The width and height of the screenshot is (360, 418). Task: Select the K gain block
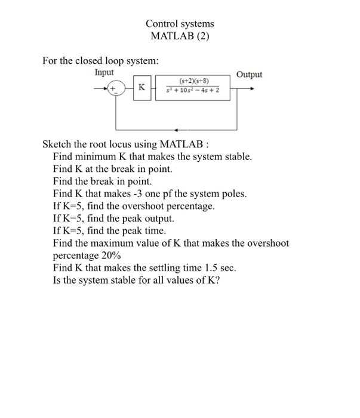coord(141,88)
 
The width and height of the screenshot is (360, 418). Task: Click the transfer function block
coord(193,88)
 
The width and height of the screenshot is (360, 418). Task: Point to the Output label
coord(249,75)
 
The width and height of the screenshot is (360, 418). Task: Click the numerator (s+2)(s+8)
coord(193,83)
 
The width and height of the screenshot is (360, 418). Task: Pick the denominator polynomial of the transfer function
coord(193,93)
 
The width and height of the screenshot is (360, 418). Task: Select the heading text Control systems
coord(180,24)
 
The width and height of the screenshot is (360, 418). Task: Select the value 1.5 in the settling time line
coord(203,267)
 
